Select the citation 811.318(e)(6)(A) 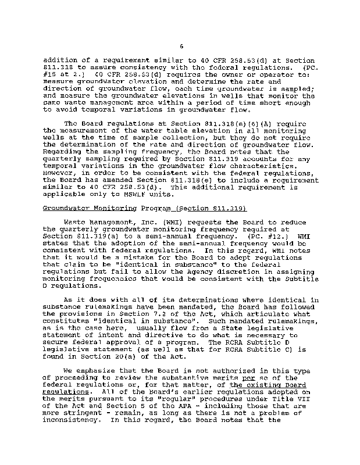[x=201, y=124]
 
